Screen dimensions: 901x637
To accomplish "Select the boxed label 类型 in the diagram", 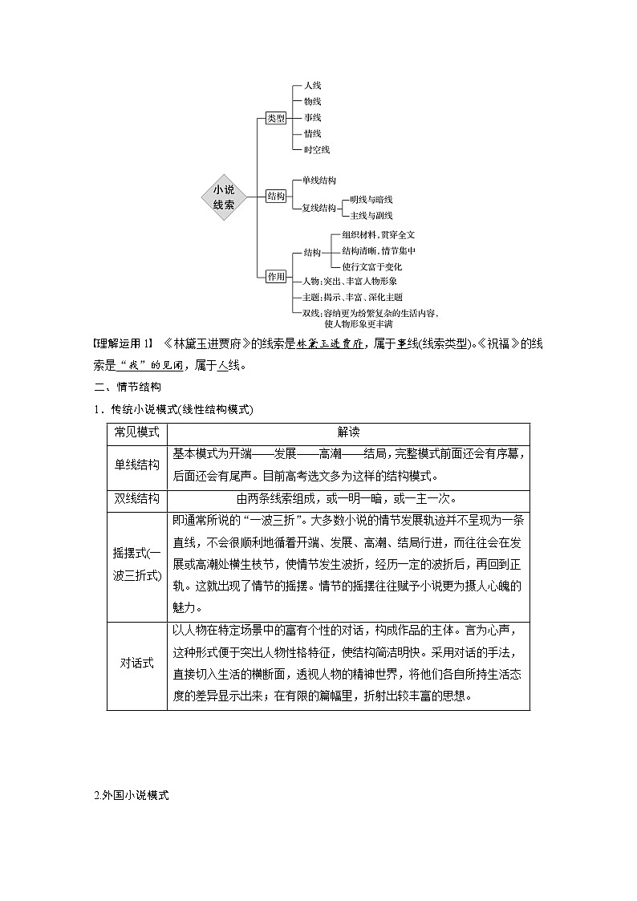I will tap(276, 119).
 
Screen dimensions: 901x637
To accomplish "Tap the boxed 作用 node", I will tap(276, 277).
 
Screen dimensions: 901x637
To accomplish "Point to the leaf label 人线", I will tap(312, 85).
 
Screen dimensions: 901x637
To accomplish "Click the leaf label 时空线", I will tap(316, 149).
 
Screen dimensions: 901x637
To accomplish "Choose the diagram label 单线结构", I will tap(318, 181).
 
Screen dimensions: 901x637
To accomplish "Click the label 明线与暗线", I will tap(367, 199).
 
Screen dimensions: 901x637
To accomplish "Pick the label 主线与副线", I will tap(367, 215).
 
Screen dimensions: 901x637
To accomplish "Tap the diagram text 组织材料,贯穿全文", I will tap(378, 234).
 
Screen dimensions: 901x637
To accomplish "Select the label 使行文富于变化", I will tap(371, 266).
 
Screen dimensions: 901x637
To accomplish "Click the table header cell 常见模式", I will tap(137, 432).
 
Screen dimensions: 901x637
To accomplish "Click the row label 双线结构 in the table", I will tap(137, 497).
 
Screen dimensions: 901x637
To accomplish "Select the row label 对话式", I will tap(137, 665).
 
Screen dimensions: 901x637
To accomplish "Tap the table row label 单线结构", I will tap(137, 465).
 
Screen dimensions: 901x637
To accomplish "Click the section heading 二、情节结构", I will tap(128, 388).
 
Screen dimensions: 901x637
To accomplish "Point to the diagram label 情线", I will tap(312, 133).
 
